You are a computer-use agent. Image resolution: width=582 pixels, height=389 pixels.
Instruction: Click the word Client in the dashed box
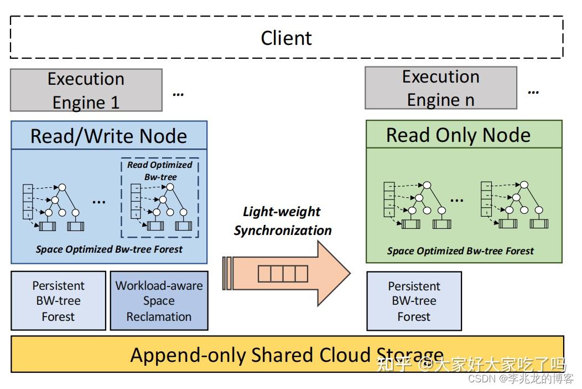click(x=286, y=38)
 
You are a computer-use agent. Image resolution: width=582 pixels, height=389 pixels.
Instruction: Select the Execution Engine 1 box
click(x=86, y=90)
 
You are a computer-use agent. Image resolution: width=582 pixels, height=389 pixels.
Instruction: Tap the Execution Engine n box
click(x=441, y=88)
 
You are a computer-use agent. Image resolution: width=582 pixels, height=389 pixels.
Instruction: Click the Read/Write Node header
click(x=109, y=135)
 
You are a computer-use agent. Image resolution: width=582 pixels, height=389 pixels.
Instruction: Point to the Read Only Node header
click(x=464, y=134)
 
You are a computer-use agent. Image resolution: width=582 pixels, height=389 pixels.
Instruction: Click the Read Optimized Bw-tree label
click(x=160, y=171)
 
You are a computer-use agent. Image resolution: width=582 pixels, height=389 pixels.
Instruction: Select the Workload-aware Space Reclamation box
click(x=159, y=300)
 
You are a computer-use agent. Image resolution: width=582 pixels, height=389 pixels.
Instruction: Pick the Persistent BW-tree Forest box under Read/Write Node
click(x=58, y=300)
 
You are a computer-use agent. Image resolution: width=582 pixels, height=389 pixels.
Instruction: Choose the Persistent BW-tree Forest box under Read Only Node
click(x=414, y=301)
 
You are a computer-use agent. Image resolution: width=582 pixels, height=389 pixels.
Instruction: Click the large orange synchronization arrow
click(x=287, y=273)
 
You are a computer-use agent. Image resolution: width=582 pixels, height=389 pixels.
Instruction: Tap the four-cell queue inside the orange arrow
click(x=283, y=274)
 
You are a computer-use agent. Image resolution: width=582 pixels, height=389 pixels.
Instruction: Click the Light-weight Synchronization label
click(x=283, y=221)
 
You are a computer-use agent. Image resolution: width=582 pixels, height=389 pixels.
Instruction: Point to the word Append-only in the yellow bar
click(x=188, y=355)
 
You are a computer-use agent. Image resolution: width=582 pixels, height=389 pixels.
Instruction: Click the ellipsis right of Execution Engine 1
click(x=178, y=94)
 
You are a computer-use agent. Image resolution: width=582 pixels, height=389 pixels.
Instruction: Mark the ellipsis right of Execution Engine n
click(x=533, y=92)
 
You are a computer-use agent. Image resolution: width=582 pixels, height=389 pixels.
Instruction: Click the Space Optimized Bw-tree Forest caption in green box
click(x=460, y=251)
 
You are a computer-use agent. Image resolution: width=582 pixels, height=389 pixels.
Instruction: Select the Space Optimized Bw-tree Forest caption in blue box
click(x=109, y=249)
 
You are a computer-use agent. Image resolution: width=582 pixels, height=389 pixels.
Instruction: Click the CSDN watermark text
click(x=521, y=378)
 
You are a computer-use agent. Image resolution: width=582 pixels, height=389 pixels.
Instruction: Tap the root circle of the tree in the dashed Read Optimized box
click(x=170, y=187)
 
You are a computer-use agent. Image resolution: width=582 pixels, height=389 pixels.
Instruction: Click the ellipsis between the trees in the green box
click(x=456, y=201)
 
